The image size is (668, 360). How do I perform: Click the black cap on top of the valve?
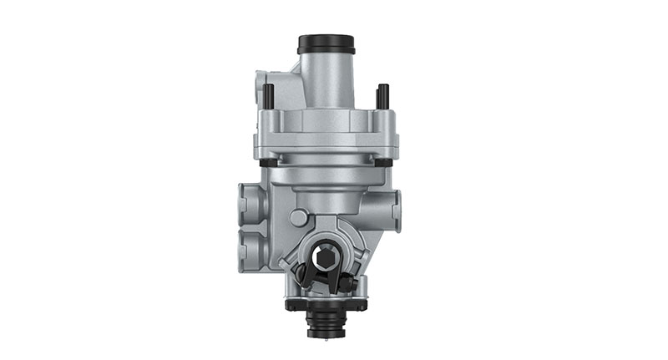click(x=326, y=43)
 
